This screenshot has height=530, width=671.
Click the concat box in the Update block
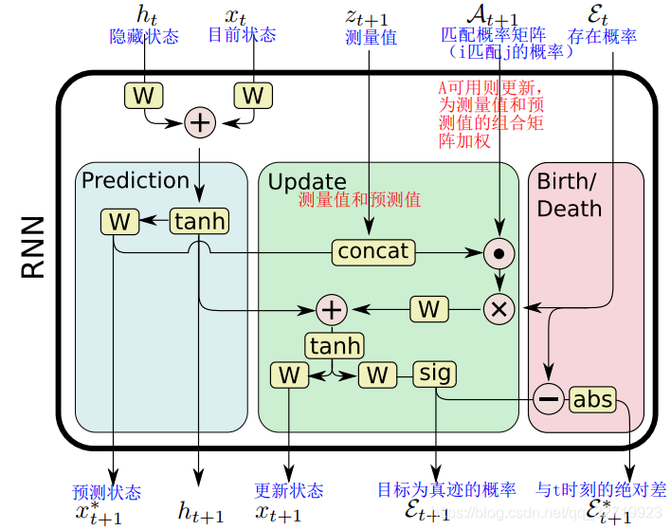click(x=373, y=252)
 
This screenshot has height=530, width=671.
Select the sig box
click(x=435, y=374)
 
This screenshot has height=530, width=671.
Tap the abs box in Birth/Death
click(x=592, y=399)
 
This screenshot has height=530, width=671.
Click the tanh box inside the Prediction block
click(x=199, y=222)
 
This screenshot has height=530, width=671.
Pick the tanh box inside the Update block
click(x=334, y=345)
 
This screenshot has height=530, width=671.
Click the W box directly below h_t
click(x=143, y=95)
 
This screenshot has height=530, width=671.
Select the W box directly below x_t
click(x=253, y=95)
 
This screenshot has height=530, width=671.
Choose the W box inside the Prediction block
click(x=119, y=222)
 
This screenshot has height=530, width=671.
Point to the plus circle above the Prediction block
click(x=200, y=121)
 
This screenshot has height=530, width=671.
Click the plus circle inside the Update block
click(x=332, y=309)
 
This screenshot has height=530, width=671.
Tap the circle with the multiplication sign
click(x=499, y=309)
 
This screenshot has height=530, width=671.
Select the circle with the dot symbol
click(x=499, y=253)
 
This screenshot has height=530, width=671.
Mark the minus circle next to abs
click(x=549, y=399)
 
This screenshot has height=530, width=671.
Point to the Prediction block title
click(x=136, y=180)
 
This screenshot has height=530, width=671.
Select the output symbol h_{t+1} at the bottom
click(x=201, y=514)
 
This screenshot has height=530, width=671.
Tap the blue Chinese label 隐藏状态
click(x=144, y=35)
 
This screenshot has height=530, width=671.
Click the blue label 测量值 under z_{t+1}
click(x=371, y=38)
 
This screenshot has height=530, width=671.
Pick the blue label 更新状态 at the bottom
click(x=289, y=491)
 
